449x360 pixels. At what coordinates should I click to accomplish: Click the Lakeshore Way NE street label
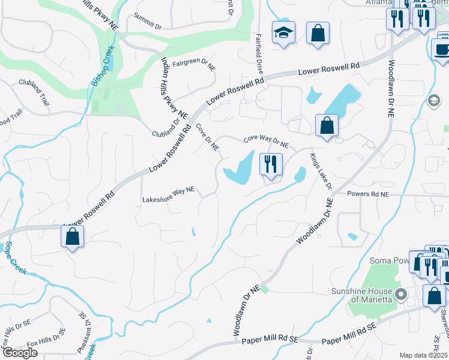click(x=169, y=190)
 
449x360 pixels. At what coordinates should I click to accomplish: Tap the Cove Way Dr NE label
click(x=267, y=141)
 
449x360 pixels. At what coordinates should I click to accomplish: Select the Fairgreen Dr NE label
click(x=194, y=64)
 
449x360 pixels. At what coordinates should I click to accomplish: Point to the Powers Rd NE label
click(x=368, y=194)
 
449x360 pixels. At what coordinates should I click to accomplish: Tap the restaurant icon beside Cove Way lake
click(x=270, y=164)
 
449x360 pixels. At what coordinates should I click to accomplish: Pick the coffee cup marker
click(x=442, y=50)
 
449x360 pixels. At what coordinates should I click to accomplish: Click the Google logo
click(x=20, y=353)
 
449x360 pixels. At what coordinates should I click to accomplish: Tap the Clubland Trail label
click(x=34, y=92)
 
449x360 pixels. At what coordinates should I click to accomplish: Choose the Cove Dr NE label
click(x=207, y=137)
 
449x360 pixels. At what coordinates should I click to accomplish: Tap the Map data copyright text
click(x=424, y=355)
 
